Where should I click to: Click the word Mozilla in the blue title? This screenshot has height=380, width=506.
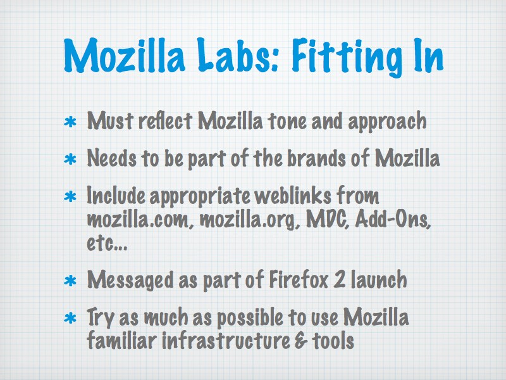[x=125, y=55]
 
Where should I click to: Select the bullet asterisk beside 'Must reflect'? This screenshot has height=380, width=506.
[x=70, y=122]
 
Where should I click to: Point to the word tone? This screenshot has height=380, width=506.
[x=287, y=121]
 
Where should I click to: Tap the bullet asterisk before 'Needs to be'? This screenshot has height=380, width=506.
[x=70, y=160]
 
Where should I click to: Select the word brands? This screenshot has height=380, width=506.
[x=316, y=158]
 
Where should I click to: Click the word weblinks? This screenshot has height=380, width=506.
[x=293, y=196]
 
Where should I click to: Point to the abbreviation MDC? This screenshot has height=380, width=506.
[x=328, y=220]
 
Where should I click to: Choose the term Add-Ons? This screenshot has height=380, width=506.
[x=393, y=220]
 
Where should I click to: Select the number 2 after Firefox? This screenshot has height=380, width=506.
[x=340, y=279]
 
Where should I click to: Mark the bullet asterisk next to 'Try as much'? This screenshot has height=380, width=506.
[x=70, y=319]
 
